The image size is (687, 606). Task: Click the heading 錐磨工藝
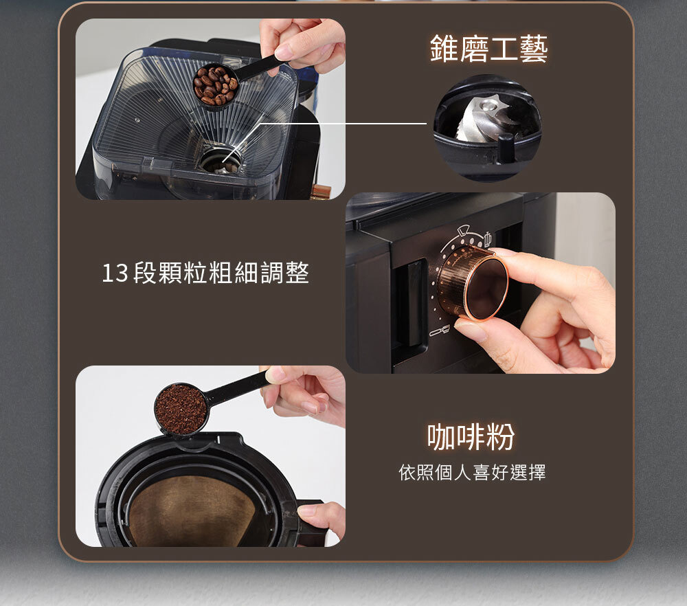tap(488, 48)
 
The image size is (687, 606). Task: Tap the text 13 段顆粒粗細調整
tap(205, 273)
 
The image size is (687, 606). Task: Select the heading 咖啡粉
tap(471, 436)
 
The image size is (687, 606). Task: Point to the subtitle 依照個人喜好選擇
tap(472, 472)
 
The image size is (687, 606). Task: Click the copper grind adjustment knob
tap(473, 282)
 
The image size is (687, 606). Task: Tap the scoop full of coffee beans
tap(216, 86)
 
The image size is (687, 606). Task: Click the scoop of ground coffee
tap(181, 409)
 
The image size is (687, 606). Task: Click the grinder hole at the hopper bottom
tap(220, 160)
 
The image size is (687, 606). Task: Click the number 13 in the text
tap(115, 273)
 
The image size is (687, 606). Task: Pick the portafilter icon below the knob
tap(440, 330)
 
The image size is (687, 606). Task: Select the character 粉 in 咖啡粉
tap(500, 436)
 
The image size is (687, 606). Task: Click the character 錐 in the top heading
tap(444, 48)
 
